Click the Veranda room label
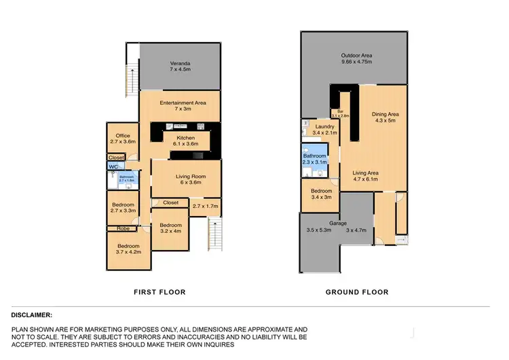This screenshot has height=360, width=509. point(179,65)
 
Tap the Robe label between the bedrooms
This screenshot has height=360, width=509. point(122,228)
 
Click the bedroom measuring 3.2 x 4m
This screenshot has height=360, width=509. point(170,229)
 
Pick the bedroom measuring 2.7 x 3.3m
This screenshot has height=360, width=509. point(122,208)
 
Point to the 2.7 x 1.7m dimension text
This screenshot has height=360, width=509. point(206,206)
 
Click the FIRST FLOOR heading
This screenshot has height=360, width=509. point(159,292)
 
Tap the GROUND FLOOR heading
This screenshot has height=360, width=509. point(357,292)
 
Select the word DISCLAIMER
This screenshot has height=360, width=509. point(32,315)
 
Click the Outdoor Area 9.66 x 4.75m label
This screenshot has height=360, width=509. point(356,59)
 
